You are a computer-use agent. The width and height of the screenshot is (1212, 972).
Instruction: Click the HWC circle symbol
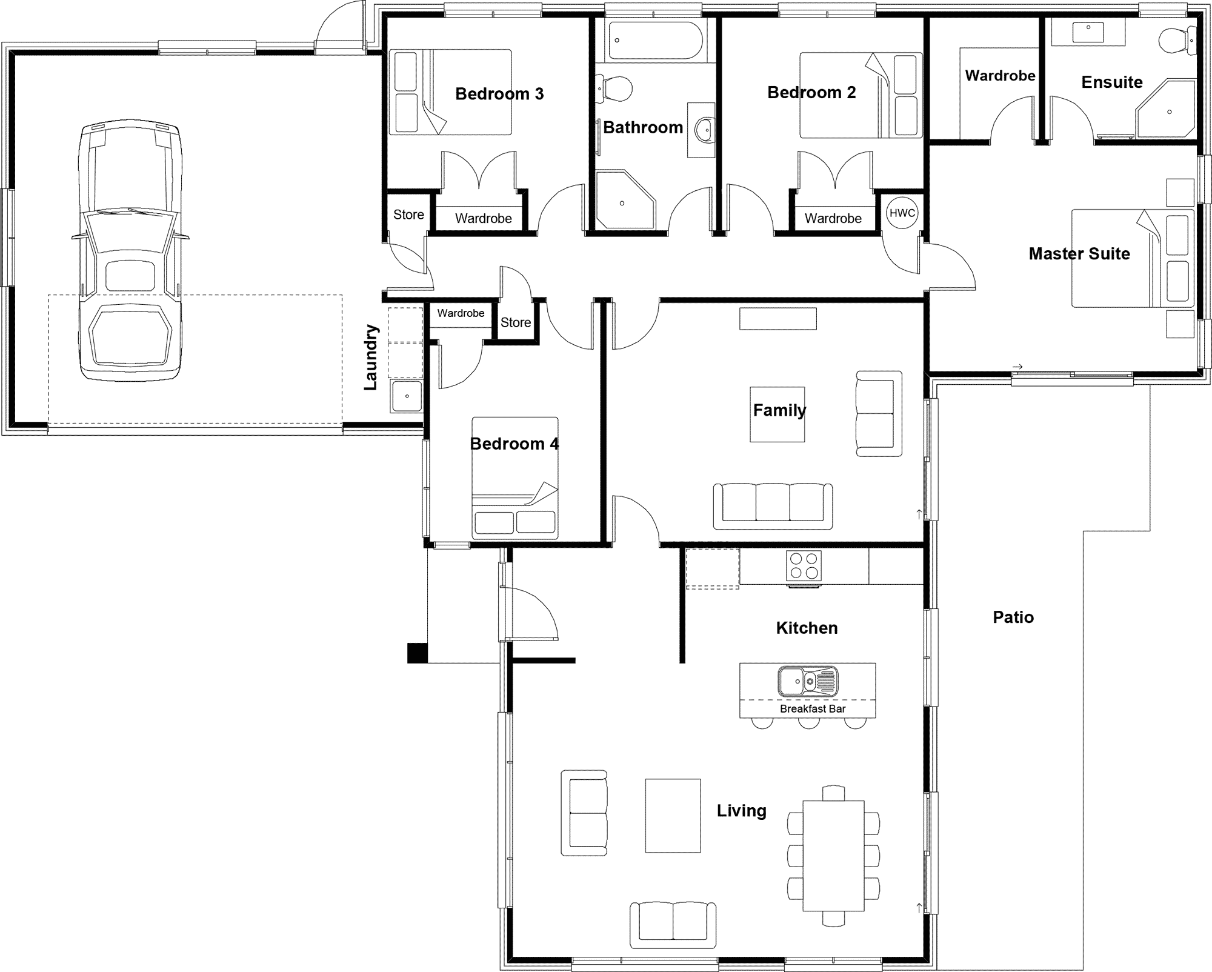tap(902, 213)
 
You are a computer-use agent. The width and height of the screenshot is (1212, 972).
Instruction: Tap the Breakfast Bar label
tap(812, 708)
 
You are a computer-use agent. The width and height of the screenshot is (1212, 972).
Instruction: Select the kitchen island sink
tap(808, 681)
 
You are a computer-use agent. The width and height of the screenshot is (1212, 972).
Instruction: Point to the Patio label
tap(1013, 617)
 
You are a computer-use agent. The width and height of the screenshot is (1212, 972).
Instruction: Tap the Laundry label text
tap(371, 358)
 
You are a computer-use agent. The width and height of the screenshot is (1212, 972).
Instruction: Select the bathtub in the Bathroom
tap(655, 41)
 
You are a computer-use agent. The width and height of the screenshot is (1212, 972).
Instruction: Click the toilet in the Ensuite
tap(1176, 41)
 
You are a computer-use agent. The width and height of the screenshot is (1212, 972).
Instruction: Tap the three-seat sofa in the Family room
tap(773, 504)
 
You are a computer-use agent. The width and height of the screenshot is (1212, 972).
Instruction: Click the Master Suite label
tap(1079, 253)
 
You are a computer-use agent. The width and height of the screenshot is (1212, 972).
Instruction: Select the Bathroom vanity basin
tap(703, 130)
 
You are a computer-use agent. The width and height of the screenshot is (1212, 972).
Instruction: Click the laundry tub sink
tap(406, 396)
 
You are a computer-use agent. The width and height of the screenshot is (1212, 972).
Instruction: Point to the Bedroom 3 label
tap(499, 94)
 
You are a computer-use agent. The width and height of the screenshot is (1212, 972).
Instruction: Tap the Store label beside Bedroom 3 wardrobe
tap(408, 215)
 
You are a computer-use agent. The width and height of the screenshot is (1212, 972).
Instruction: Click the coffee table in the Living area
tap(673, 816)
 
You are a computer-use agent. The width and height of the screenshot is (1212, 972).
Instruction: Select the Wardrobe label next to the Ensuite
tap(1000, 76)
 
